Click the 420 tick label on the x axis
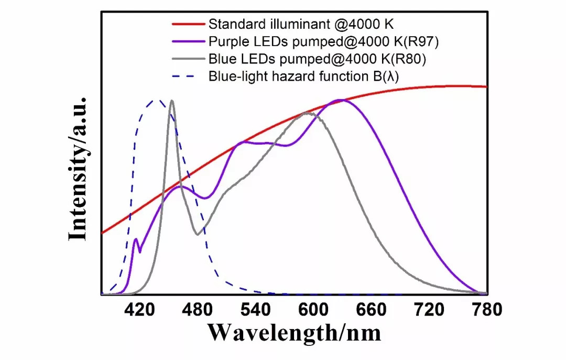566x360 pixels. [x=138, y=310]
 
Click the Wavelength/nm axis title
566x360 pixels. [x=293, y=332]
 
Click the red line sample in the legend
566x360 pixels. [x=187, y=24]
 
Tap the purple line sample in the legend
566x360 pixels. [x=187, y=41]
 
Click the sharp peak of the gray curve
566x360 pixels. [x=171, y=101]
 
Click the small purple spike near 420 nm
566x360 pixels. [x=136, y=239]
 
